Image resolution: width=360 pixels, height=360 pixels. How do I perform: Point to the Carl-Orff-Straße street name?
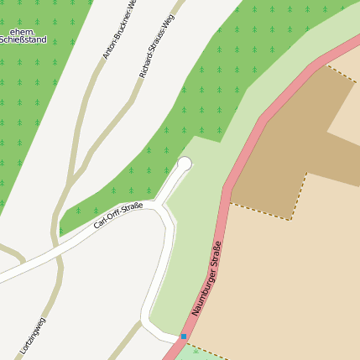point(118,216)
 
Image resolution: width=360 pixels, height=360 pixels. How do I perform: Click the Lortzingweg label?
point(33,336)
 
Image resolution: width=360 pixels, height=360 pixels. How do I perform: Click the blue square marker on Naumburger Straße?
point(183,336)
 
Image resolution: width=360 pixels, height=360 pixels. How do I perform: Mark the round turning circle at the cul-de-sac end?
point(185,164)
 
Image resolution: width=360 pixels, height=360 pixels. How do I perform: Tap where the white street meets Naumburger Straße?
point(178,337)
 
